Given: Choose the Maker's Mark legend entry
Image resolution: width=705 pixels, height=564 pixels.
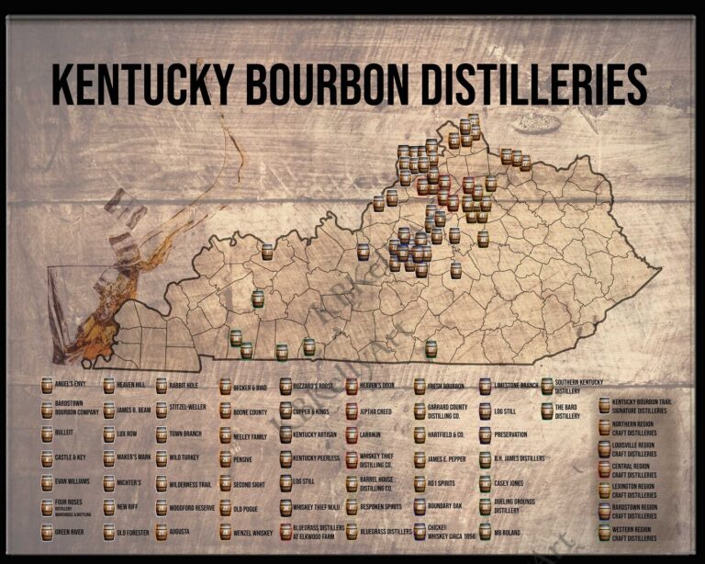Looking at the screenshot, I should point(134,457).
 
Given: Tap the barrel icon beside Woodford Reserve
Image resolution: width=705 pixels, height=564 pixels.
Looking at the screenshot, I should point(162,507).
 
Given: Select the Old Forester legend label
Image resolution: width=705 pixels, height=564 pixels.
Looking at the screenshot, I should point(133,532).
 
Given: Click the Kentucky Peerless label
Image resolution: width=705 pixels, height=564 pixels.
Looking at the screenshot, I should point(316,457).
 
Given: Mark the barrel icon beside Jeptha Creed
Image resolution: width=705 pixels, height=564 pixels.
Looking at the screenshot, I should point(352,411).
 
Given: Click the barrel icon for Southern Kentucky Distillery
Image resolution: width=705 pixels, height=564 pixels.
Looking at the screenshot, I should point(547,386).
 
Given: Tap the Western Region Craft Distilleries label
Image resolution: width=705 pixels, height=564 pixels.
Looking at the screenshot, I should point(633,532).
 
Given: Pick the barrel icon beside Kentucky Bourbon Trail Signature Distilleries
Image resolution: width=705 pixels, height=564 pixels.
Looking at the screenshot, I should point(604,405).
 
